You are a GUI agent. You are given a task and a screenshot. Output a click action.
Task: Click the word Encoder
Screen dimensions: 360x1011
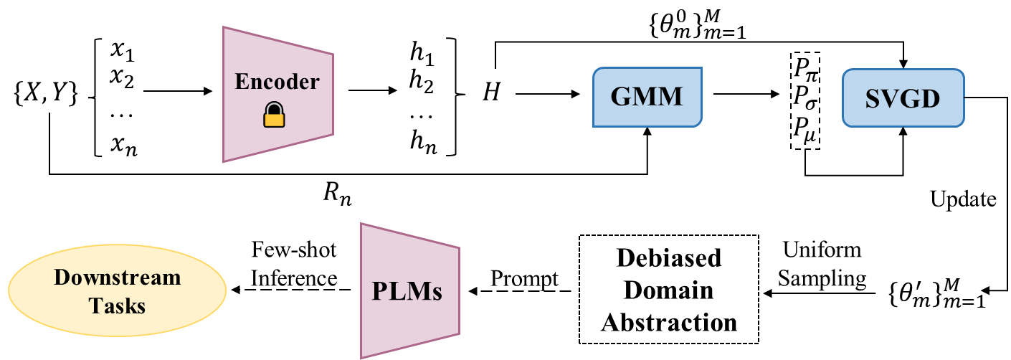[277, 82]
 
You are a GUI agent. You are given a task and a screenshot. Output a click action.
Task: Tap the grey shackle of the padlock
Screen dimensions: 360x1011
[273, 108]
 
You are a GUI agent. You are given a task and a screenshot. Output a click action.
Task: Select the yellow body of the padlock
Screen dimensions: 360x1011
[273, 118]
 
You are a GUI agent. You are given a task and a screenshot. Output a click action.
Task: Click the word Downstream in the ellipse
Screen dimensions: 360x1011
[117, 278]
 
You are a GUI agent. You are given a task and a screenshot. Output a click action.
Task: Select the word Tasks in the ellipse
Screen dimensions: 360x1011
[117, 306]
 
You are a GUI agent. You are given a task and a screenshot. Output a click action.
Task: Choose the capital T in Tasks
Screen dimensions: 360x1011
[95, 306]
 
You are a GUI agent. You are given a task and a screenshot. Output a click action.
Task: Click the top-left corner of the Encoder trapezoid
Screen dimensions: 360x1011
[224, 28]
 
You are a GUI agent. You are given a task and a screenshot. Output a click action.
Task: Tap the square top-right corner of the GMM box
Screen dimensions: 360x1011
[701, 69]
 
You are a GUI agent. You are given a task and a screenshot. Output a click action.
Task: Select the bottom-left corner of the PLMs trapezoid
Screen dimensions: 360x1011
[361, 356]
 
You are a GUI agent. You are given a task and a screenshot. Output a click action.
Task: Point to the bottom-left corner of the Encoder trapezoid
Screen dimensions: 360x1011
[224, 161]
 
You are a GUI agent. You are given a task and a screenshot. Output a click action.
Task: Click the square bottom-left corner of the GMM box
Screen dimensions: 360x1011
[594, 126]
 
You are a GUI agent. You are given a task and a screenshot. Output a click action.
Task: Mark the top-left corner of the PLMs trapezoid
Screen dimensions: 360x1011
[361, 224]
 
